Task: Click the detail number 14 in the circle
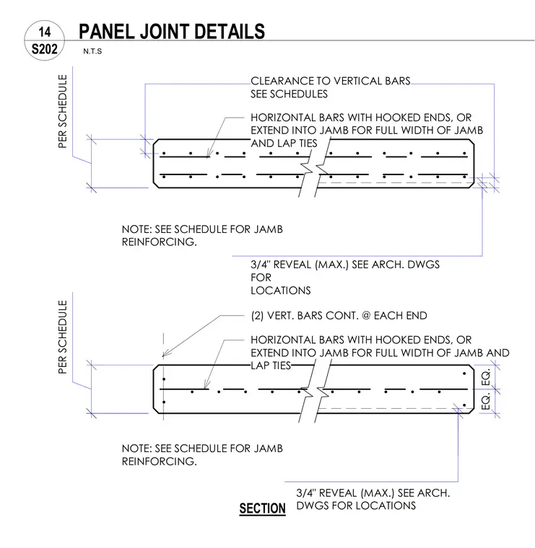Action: [45, 32]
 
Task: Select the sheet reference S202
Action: [45, 49]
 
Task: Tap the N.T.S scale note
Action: [92, 51]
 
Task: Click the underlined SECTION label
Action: [262, 508]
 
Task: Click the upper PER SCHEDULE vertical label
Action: [62, 111]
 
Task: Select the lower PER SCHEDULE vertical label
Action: [62, 337]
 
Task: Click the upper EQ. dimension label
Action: [486, 377]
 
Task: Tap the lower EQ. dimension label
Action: [486, 401]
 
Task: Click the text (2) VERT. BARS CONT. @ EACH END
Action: [339, 316]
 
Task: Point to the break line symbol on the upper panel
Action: [314, 167]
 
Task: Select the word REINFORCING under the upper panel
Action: [160, 242]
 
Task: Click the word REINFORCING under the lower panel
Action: [160, 461]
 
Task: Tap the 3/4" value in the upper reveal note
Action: [261, 265]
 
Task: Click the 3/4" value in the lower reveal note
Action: [306, 492]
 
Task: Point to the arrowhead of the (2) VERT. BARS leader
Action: [165, 354]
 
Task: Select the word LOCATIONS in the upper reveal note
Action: [281, 291]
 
